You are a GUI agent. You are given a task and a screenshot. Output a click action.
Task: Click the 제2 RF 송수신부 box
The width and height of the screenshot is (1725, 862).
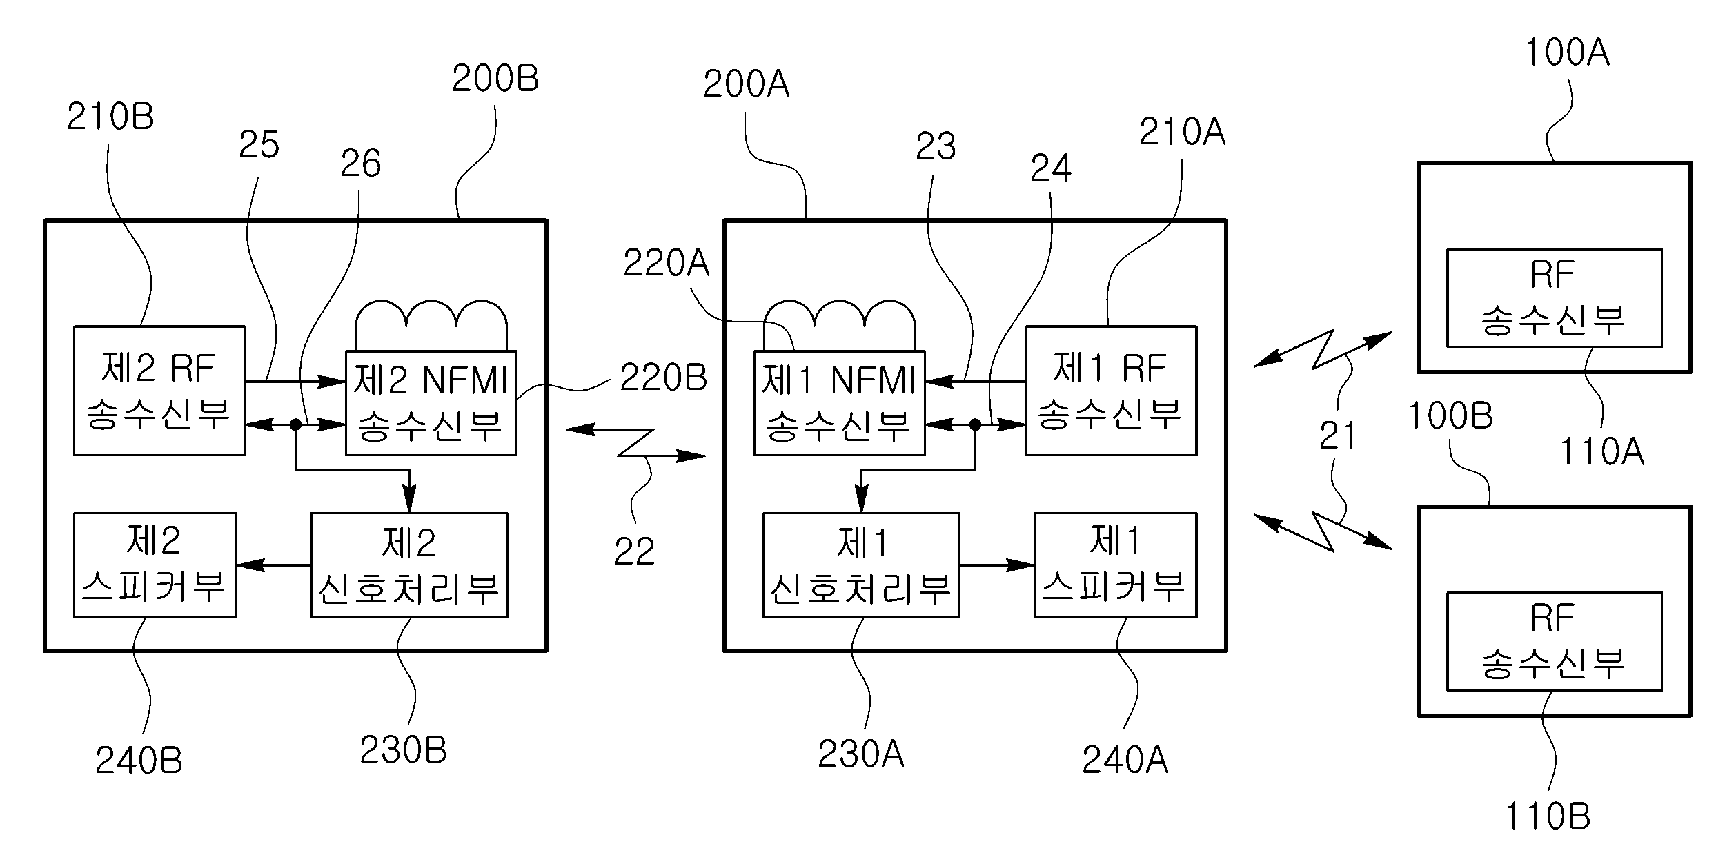(159, 391)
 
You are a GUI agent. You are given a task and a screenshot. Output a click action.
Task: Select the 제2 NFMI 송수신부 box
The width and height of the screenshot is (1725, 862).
(431, 403)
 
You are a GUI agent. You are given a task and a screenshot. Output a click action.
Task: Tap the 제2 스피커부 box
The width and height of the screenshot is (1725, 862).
(155, 565)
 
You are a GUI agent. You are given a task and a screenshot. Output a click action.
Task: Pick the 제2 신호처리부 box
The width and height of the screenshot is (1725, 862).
(409, 565)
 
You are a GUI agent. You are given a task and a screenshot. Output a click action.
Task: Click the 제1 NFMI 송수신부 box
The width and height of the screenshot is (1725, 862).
(839, 403)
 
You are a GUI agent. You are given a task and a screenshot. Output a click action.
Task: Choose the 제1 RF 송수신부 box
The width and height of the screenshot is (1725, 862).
(1111, 391)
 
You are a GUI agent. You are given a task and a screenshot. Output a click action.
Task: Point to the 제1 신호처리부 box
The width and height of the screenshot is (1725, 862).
(860, 565)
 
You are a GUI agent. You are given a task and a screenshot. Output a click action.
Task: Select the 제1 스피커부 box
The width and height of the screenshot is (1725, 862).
(1115, 565)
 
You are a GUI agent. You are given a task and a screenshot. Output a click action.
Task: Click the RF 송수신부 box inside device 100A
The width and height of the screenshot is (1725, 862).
(1554, 297)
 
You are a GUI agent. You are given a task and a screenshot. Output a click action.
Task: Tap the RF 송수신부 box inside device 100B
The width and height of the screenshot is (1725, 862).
(1554, 641)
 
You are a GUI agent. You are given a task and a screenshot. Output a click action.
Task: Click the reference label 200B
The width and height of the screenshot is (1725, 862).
(495, 79)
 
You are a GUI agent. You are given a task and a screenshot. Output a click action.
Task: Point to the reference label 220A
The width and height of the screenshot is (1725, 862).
(666, 264)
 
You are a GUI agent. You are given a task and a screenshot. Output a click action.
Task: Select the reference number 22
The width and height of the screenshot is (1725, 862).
(634, 551)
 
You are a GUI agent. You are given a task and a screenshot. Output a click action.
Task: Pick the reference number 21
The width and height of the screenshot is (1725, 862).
(1337, 436)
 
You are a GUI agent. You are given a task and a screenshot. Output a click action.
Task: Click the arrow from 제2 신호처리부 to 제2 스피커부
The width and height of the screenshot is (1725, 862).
(274, 565)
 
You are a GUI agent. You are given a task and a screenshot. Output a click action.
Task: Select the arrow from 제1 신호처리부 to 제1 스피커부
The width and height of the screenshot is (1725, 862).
(996, 565)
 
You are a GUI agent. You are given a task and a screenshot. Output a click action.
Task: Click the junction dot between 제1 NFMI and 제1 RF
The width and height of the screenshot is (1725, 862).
(975, 425)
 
